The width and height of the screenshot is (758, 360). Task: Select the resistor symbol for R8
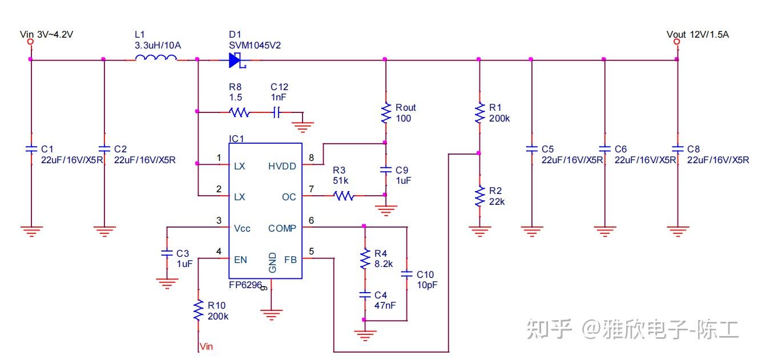(x=239, y=112)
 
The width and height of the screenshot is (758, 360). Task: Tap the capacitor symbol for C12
(x=276, y=112)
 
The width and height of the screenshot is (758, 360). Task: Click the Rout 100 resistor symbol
(x=385, y=112)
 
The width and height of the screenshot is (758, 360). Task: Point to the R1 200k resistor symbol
(x=479, y=112)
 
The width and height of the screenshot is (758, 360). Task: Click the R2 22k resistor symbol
(x=479, y=196)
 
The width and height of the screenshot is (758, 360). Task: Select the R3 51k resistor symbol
(x=344, y=196)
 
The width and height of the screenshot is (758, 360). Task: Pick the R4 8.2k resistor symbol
(x=364, y=258)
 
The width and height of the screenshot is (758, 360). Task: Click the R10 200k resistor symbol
(x=198, y=310)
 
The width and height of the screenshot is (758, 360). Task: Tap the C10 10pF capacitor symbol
(x=406, y=274)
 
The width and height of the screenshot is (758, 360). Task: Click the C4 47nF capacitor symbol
(x=364, y=295)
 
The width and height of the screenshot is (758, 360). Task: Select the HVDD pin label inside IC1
(x=282, y=166)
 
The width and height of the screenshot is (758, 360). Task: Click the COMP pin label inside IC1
(x=282, y=228)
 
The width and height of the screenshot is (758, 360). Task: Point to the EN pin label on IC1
(x=240, y=260)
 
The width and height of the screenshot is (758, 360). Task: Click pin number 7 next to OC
(x=311, y=188)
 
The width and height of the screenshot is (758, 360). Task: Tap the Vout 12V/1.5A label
(x=697, y=34)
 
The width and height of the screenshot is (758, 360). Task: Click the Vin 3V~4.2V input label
(x=46, y=34)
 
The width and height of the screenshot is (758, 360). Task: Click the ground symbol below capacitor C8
(x=677, y=232)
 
